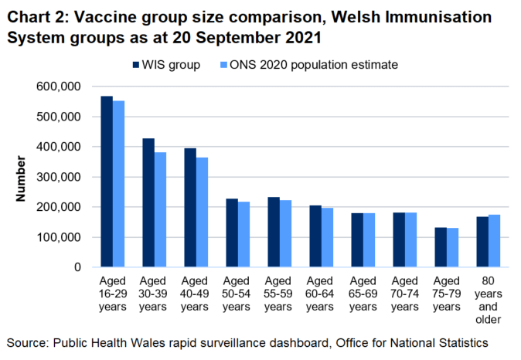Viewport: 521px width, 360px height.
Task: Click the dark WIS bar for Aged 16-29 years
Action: click(107, 182)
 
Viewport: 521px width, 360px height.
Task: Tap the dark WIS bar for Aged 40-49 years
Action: click(190, 208)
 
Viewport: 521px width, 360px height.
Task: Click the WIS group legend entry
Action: click(166, 65)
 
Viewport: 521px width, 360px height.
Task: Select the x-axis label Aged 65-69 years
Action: click(363, 292)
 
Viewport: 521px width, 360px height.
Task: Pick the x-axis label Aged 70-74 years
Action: click(405, 292)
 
